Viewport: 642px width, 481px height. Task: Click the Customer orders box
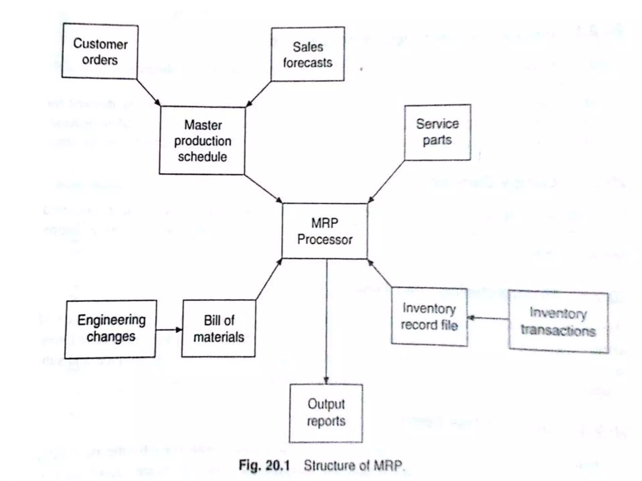[100, 51]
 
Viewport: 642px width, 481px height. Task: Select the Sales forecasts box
[308, 54]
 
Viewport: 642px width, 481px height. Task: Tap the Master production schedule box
[202, 141]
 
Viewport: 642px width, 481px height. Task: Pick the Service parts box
[437, 132]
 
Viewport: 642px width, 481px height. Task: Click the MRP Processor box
[325, 231]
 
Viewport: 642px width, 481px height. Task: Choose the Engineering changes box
[111, 329]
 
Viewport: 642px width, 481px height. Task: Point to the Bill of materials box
[219, 328]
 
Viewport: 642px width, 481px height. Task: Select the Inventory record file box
[429, 317]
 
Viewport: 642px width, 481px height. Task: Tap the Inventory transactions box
[558, 322]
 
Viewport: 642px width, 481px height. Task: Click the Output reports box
[326, 413]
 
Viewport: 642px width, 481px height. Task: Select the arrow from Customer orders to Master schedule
[148, 92]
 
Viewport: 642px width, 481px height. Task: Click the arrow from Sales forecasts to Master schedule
[259, 94]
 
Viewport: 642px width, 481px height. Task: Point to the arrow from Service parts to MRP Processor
[387, 182]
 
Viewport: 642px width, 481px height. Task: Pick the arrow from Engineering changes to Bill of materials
[169, 329]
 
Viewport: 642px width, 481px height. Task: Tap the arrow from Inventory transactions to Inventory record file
[488, 318]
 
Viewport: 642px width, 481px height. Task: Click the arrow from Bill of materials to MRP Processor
[269, 279]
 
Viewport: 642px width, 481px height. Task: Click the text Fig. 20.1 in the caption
[264, 465]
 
